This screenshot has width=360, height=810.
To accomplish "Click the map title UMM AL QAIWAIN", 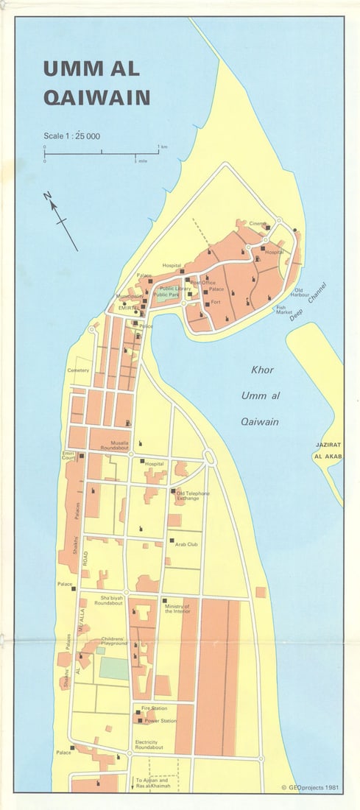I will click(96, 82).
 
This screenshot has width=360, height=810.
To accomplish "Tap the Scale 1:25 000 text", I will click(71, 136).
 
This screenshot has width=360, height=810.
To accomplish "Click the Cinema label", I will click(257, 224).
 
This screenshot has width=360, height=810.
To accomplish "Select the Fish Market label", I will click(285, 310).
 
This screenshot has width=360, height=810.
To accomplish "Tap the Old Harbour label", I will click(299, 293).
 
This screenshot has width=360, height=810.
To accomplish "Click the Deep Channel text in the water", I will click(306, 303).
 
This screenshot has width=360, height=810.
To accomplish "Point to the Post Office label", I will click(203, 283).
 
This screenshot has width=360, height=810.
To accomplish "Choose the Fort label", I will click(216, 302).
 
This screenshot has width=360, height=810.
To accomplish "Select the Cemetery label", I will click(78, 370).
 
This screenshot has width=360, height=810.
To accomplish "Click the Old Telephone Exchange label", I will click(193, 496).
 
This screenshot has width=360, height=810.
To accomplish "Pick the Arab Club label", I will click(186, 544).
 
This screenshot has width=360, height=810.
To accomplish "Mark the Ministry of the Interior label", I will click(177, 608).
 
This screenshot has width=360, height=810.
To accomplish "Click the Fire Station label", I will click(155, 708).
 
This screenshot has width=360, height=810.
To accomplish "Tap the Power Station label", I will click(160, 721).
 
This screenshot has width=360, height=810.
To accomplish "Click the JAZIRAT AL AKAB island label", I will click(328, 451).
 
